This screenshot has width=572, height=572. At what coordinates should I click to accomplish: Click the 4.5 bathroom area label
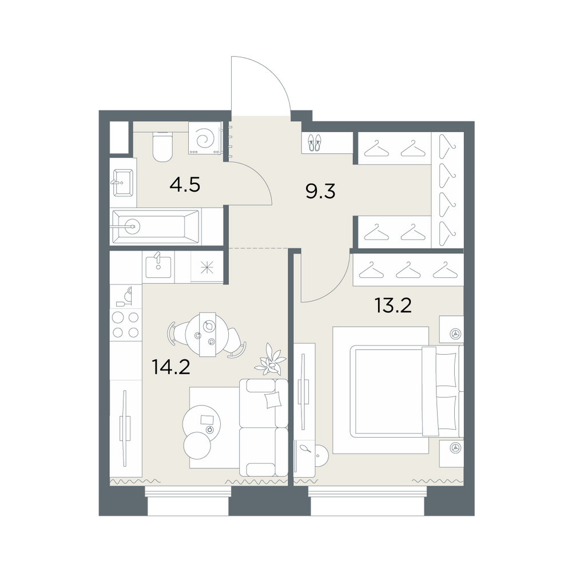185,185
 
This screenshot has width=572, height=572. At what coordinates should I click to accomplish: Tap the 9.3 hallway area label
320,191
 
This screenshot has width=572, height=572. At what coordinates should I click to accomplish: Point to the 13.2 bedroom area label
394,305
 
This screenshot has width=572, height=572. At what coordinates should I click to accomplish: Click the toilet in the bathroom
162,146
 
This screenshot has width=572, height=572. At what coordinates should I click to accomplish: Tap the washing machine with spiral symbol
205,138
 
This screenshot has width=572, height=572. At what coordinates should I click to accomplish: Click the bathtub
156,227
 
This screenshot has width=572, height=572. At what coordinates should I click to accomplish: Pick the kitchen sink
158,267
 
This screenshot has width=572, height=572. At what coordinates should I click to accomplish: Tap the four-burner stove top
125,324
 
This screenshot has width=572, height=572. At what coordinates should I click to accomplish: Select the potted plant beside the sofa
271,360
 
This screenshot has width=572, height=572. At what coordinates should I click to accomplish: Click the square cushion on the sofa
273,400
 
